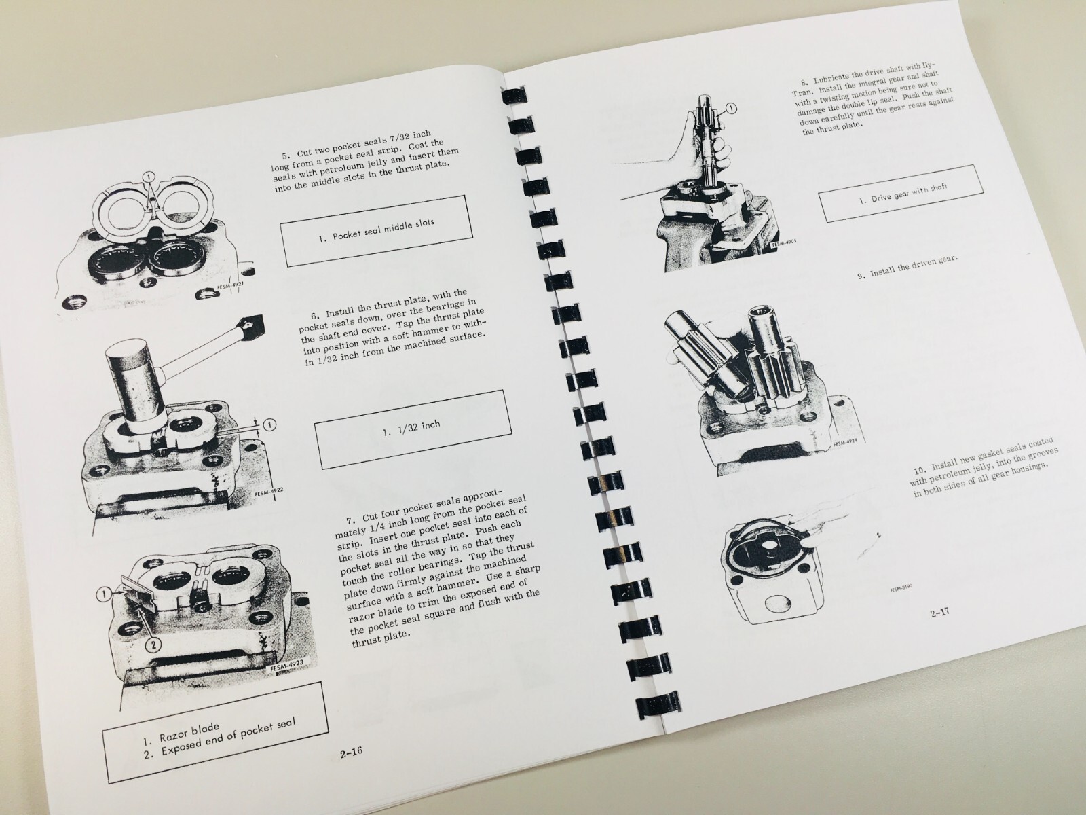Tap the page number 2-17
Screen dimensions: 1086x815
(x=939, y=613)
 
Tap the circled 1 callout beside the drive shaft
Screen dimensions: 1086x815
(x=731, y=109)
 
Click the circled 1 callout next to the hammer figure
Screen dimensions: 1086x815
(x=269, y=425)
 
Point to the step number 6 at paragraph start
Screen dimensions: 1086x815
(x=316, y=314)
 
